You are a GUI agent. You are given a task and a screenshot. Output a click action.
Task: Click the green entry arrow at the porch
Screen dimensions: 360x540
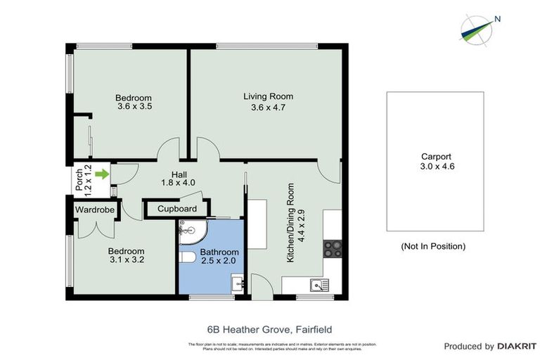point(103,174)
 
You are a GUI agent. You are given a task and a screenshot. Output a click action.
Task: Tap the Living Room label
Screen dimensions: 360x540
point(268,96)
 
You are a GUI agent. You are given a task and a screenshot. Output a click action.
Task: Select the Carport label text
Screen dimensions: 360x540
point(435,157)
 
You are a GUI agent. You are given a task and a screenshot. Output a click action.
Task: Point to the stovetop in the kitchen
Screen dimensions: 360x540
point(332,248)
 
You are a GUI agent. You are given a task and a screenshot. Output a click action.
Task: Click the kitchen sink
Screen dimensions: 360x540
point(319,285)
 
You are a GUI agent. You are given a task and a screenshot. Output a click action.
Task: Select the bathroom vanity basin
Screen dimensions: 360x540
point(238,284)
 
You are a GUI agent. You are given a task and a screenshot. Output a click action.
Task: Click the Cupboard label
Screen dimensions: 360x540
point(176,209)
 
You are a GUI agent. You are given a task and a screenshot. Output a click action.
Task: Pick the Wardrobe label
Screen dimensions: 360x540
point(94,209)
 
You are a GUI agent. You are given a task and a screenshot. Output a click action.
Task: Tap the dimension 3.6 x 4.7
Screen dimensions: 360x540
point(268,108)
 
